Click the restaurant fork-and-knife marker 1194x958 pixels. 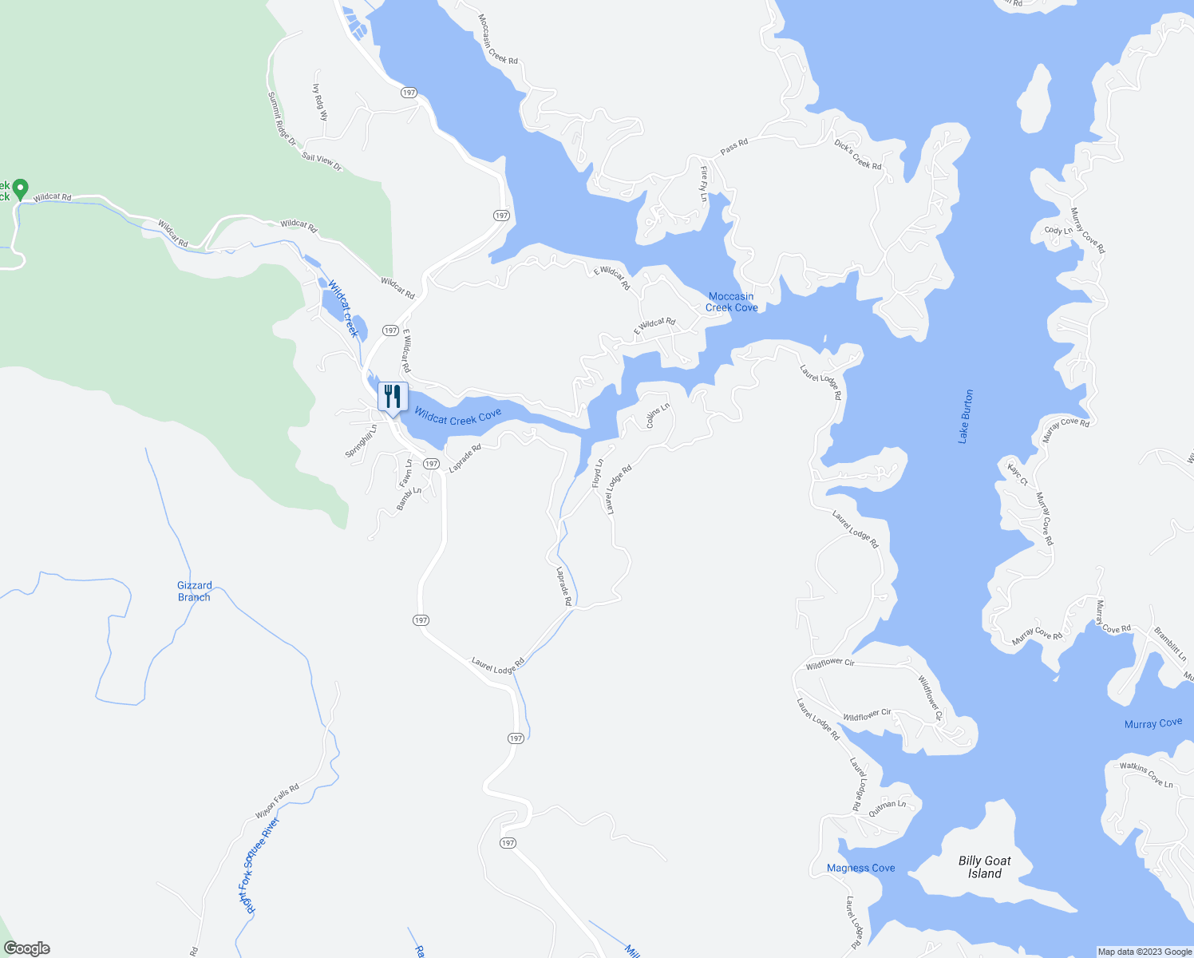(x=393, y=396)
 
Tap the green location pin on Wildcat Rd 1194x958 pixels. (x=21, y=189)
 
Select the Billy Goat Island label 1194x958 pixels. (x=984, y=867)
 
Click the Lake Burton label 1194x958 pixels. (x=966, y=417)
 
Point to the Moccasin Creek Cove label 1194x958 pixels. (x=731, y=302)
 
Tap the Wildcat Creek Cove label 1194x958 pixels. (x=457, y=417)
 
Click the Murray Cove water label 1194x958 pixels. (x=1152, y=723)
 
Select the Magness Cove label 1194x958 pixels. (x=860, y=868)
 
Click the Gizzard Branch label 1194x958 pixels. (x=194, y=591)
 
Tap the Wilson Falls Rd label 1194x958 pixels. (x=277, y=801)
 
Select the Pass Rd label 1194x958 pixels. (x=733, y=147)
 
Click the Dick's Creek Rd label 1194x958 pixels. (x=857, y=155)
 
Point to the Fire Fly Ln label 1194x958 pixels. (x=704, y=184)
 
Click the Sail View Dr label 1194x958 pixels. (x=322, y=162)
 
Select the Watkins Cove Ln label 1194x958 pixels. (x=1146, y=775)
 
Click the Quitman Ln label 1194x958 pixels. (x=888, y=808)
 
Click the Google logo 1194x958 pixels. (x=26, y=948)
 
